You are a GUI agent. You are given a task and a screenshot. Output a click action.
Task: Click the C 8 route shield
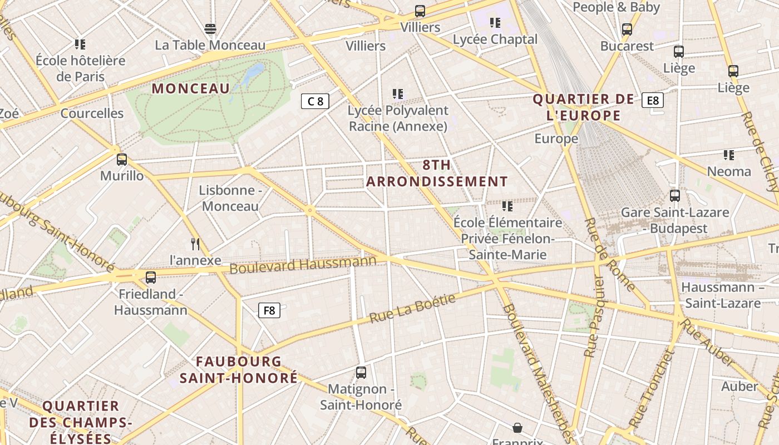coord(315,101)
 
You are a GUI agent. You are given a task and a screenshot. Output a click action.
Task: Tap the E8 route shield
coord(653,100)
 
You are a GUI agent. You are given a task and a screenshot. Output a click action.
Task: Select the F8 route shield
coord(269,310)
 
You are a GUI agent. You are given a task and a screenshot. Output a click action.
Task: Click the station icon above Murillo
coord(122,160)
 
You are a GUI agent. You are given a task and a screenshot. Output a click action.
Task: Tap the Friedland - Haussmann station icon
coord(151,277)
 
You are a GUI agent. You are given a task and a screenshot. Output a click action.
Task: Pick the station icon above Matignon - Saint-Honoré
coord(361,372)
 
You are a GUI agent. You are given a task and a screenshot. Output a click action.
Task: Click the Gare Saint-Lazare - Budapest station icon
coord(675,196)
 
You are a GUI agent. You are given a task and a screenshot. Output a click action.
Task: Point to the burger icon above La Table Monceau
coord(210,28)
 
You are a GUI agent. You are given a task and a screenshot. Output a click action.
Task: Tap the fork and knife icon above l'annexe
coord(195,244)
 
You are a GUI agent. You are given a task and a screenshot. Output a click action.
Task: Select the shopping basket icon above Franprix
coord(517,427)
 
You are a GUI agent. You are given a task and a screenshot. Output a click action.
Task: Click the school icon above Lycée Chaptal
coord(495,23)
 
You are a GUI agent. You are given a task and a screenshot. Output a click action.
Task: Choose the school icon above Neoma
coord(729,155)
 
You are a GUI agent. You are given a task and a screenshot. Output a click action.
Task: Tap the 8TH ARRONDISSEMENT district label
coord(437,173)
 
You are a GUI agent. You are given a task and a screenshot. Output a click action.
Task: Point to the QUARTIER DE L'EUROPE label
coord(583,107)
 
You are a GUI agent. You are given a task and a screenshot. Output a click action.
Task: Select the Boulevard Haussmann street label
coord(303,264)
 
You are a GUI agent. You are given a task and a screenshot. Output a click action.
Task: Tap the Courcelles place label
coord(92,113)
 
